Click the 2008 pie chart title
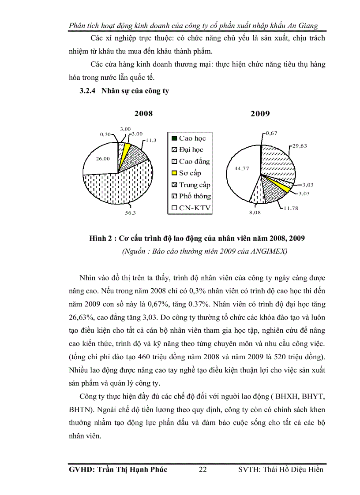point(144,113)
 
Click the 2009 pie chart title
point(260,114)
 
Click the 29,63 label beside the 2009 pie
point(300,145)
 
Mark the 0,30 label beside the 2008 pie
point(105,134)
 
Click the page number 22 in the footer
point(203,469)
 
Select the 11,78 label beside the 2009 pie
point(291,208)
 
